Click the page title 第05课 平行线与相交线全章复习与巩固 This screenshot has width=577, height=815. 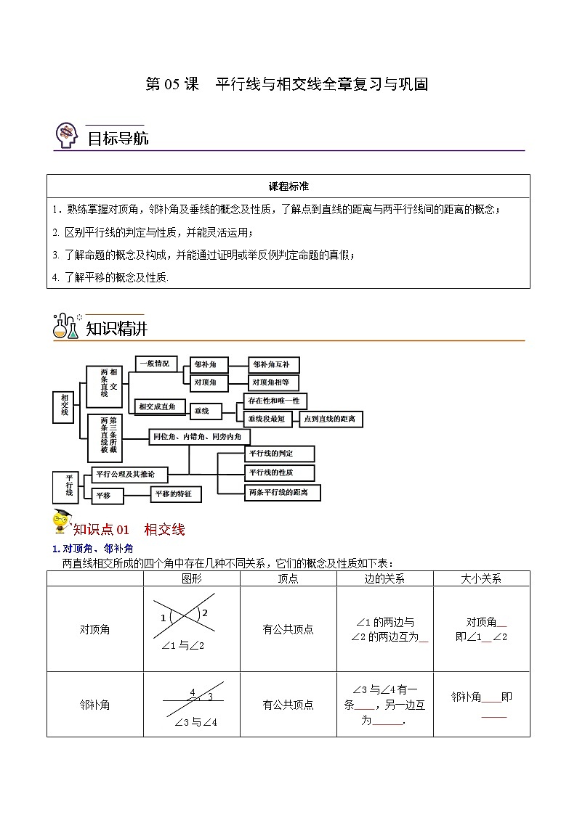(287, 84)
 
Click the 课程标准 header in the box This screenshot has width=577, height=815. (288, 187)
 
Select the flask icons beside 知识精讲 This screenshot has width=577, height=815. (66, 327)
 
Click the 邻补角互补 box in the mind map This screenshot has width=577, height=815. (273, 364)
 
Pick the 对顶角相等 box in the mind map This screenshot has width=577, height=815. (273, 382)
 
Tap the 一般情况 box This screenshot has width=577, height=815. (155, 364)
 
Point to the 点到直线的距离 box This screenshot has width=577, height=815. (331, 419)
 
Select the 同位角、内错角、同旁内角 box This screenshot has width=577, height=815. (200, 436)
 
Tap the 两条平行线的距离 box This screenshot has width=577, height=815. (282, 492)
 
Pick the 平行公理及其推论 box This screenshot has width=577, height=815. (126, 474)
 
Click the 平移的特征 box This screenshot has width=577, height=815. (175, 493)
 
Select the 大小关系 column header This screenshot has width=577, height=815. (481, 578)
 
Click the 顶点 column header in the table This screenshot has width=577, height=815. (288, 578)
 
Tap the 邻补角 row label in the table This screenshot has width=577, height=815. (95, 704)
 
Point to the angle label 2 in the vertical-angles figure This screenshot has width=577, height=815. (205, 613)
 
